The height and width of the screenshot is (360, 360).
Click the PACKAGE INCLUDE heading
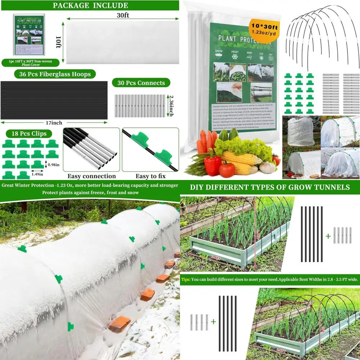point(90,5)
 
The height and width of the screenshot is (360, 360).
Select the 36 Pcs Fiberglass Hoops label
point(53,74)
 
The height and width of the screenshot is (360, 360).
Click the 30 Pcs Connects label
point(141,83)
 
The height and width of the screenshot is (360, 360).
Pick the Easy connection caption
point(91,176)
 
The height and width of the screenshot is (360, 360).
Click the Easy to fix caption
point(150,176)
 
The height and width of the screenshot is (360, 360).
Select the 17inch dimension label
point(51,123)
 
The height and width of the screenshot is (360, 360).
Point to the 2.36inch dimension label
point(171,106)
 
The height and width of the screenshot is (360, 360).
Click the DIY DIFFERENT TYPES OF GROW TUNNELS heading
point(270,187)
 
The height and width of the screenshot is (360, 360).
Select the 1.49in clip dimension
point(36,174)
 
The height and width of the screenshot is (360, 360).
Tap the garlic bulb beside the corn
point(267,167)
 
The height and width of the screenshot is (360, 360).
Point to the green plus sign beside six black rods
point(328,236)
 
